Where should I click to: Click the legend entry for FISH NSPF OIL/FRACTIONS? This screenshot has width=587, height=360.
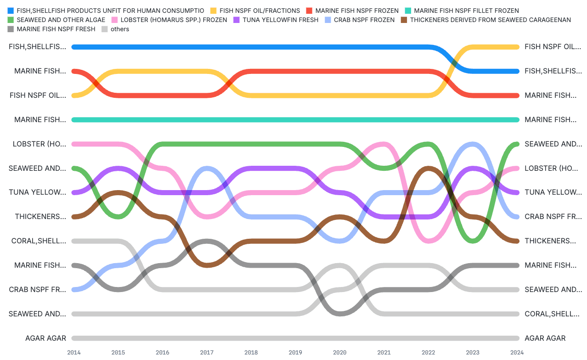click(260, 11)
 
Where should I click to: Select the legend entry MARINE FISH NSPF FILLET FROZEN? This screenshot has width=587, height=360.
click(466, 11)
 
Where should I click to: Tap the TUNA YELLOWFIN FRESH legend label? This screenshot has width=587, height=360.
click(280, 20)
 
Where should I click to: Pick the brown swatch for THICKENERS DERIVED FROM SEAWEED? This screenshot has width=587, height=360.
click(404, 20)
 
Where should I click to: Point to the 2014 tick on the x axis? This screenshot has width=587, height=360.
click(74, 352)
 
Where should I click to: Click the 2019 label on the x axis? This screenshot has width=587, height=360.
click(295, 352)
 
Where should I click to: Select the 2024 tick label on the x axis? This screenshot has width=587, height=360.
click(517, 352)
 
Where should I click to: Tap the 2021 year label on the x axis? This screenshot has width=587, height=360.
click(384, 352)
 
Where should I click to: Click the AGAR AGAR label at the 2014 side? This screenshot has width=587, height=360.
click(45, 338)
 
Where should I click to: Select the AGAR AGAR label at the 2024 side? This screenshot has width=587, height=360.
click(545, 338)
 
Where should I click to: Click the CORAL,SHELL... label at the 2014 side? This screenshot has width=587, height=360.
click(39, 241)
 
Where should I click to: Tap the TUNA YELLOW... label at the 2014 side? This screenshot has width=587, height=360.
click(38, 192)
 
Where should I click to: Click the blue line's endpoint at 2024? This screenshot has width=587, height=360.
click(517, 71)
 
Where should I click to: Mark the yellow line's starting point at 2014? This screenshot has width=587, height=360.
click(74, 95)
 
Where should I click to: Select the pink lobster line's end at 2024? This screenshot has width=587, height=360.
click(517, 168)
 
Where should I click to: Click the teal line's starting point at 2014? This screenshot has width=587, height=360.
click(74, 119)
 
